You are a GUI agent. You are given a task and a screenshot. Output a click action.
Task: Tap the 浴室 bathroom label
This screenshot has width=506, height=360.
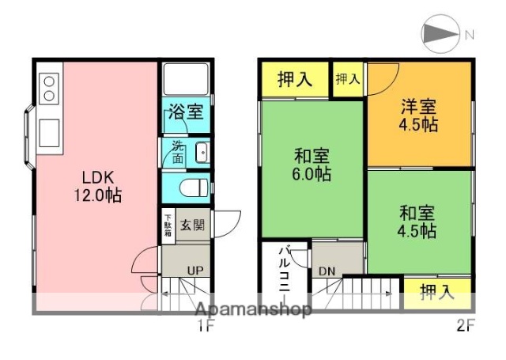(x=186, y=112)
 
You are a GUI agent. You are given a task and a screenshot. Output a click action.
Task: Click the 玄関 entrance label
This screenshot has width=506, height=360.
(x=191, y=225)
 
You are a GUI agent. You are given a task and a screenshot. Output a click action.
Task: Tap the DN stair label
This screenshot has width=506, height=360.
(x=327, y=271)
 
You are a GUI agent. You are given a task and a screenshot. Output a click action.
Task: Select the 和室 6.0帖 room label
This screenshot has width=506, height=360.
(x=312, y=165)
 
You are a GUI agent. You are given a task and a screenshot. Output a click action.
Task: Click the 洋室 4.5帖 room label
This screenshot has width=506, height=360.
(x=419, y=116)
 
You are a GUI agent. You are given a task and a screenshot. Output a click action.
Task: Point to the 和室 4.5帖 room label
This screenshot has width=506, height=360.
(x=418, y=222)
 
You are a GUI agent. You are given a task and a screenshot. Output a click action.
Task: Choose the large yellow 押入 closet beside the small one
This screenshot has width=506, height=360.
(x=293, y=79)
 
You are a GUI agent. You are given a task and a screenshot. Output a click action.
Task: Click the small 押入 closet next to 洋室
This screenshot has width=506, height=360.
(x=348, y=79)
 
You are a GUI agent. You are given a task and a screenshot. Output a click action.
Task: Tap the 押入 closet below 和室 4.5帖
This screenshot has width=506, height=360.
(x=437, y=291)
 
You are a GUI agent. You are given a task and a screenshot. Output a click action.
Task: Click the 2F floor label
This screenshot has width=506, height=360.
(x=464, y=324)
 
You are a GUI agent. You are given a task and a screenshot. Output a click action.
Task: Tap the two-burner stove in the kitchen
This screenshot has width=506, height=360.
(x=48, y=87)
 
